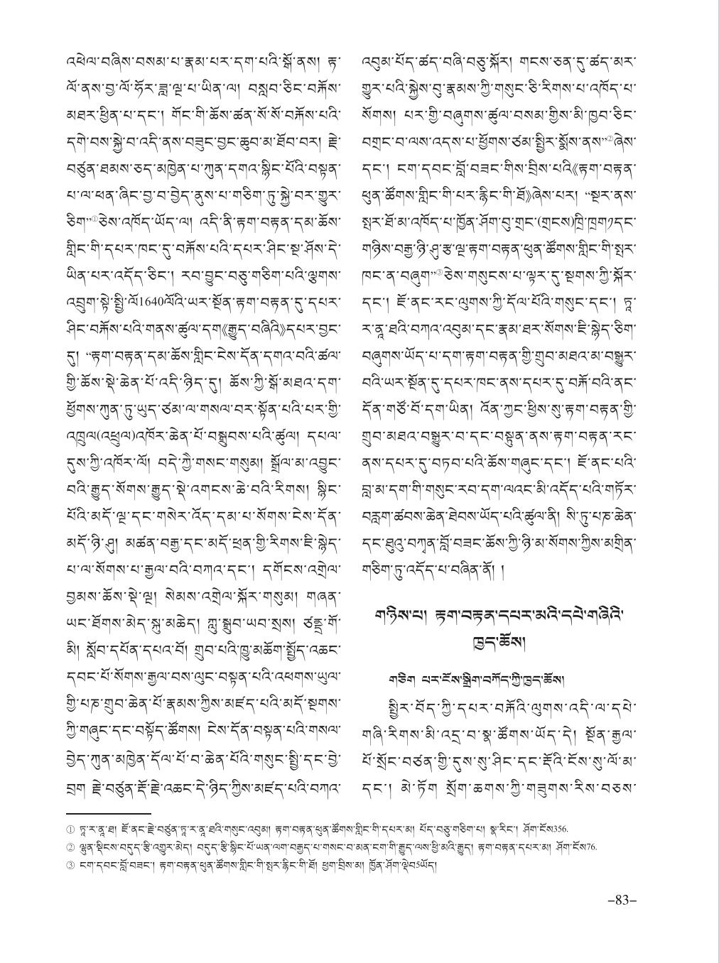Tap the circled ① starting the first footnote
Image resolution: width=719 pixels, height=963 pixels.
pyautogui.click(x=70, y=828)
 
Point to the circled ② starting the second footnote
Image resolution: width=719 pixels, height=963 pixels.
pyautogui.click(x=70, y=846)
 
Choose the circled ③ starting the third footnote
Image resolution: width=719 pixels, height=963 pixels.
pyautogui.click(x=70, y=864)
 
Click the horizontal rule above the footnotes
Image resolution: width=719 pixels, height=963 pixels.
pyautogui.click(x=108, y=813)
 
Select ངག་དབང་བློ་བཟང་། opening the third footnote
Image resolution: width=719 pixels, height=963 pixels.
pyautogui.click(x=104, y=864)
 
